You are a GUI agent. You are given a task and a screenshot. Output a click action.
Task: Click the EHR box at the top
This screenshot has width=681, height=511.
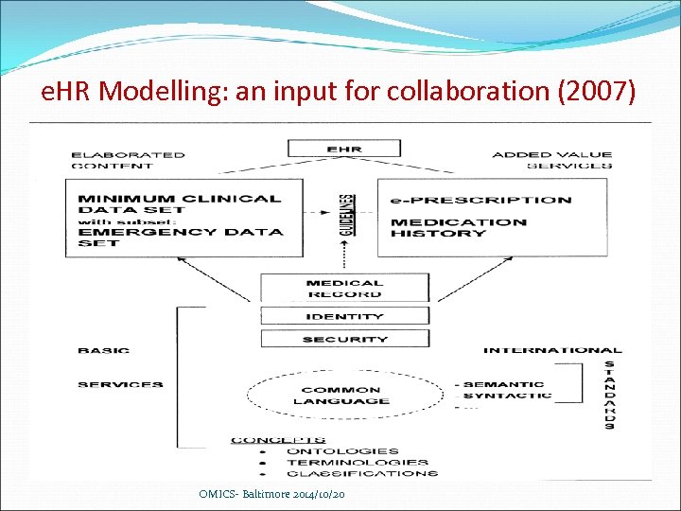344,149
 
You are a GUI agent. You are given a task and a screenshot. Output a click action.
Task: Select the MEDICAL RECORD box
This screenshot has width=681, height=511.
344,288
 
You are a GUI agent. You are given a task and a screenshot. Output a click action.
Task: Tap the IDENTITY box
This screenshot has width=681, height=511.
344,317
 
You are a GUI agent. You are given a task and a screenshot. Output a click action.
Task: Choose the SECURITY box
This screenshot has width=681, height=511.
344,339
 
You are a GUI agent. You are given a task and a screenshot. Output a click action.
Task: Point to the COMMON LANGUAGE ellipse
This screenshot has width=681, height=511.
328,395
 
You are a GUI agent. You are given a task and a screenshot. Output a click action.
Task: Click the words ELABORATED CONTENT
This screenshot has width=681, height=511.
129,160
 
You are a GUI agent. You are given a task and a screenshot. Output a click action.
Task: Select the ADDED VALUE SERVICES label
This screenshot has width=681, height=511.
551,160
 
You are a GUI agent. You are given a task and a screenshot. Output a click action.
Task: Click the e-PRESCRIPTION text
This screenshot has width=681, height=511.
481,200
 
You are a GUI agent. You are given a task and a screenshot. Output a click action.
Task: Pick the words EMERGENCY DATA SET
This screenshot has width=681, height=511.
180,237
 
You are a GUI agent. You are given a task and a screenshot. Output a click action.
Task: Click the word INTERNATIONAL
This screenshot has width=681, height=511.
552,350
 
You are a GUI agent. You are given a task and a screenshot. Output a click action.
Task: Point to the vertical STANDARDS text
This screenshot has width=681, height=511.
609,395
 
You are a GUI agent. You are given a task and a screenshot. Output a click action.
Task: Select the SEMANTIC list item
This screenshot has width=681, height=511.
503,384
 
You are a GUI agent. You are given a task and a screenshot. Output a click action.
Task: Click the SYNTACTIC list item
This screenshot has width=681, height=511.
507,396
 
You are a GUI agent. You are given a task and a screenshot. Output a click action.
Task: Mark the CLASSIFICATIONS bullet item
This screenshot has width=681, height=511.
361,473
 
